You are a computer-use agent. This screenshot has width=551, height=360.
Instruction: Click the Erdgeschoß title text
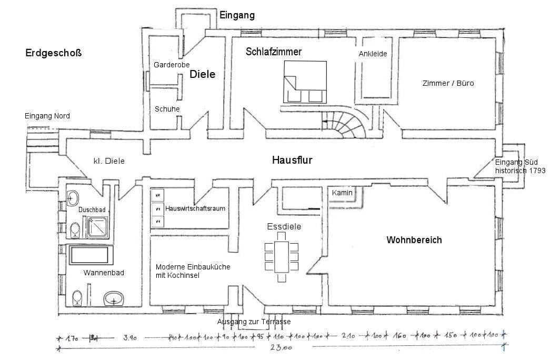[53, 53]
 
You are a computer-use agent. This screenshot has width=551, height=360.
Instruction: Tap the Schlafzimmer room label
[273, 52]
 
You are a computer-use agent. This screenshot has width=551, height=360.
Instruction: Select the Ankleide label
[373, 54]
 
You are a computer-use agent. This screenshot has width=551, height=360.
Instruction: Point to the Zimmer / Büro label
[448, 83]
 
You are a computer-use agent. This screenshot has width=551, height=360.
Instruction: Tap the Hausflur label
[292, 160]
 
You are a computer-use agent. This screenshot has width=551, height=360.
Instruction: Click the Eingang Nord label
[47, 116]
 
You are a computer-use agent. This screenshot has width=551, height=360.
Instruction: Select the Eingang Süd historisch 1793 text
[519, 166]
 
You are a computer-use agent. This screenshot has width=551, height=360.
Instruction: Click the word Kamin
[342, 193]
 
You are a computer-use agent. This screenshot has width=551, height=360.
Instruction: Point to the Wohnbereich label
[414, 240]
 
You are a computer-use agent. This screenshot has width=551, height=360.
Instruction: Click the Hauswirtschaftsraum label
[195, 208]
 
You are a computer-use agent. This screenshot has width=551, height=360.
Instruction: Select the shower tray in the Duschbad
[98, 227]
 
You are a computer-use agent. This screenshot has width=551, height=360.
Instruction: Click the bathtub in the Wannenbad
[92, 255]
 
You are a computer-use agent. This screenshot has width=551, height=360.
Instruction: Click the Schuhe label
[167, 109]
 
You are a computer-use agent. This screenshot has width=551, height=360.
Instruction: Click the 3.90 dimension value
[130, 338]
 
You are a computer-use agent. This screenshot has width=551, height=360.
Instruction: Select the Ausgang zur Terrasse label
[254, 322]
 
